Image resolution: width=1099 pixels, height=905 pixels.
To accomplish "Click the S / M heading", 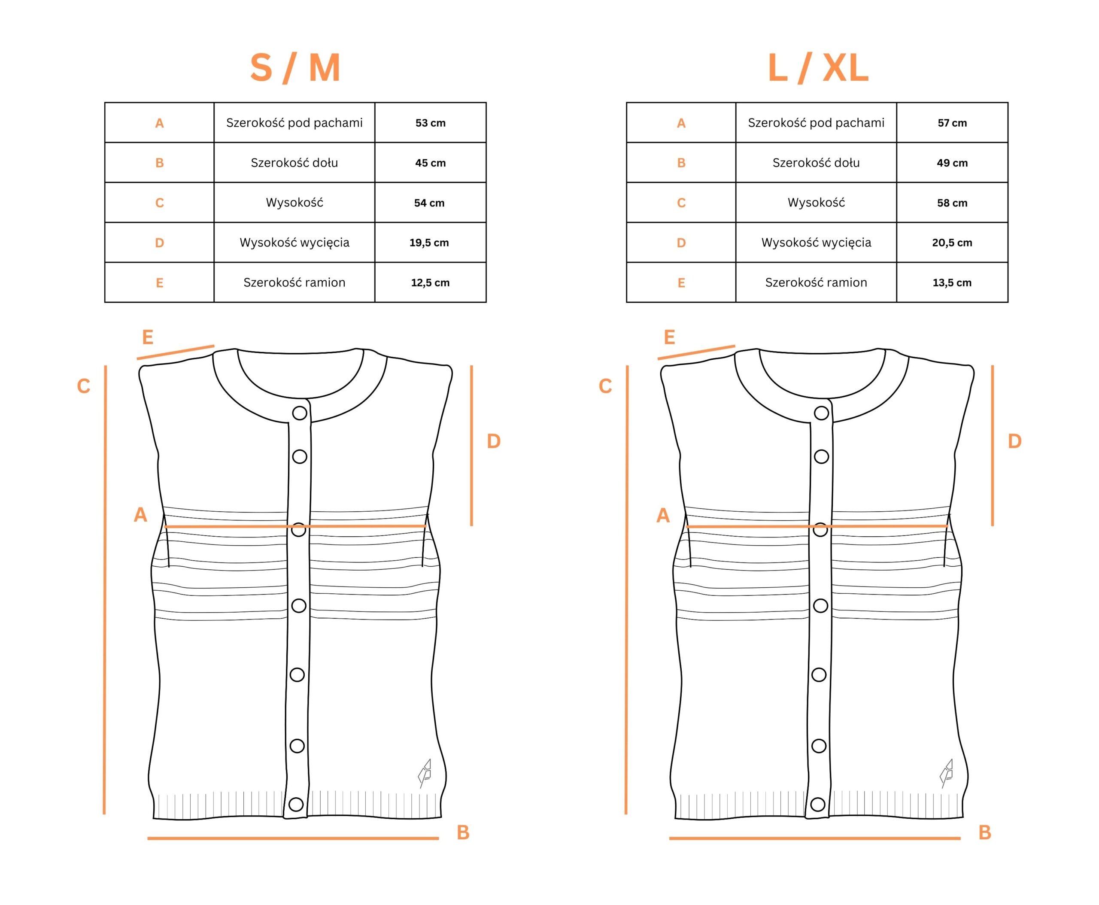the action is click(x=295, y=68).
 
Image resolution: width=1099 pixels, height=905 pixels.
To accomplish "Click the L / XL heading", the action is click(x=818, y=68).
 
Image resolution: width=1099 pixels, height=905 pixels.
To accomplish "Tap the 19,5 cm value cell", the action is click(x=431, y=243).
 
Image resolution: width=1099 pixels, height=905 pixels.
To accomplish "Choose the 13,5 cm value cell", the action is click(x=952, y=282).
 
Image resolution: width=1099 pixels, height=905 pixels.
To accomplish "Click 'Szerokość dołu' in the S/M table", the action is click(x=294, y=163).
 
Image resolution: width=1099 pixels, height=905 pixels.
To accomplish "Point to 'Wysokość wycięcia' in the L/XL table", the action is click(x=817, y=243).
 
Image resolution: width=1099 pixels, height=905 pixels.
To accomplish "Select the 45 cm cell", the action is click(x=431, y=163).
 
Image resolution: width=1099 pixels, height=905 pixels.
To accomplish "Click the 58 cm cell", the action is click(x=952, y=203).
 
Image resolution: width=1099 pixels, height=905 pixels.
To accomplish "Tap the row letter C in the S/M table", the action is click(x=160, y=203).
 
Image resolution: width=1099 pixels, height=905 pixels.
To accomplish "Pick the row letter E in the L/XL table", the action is click(x=681, y=282).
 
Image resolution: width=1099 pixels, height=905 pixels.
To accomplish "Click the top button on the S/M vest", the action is click(x=300, y=413).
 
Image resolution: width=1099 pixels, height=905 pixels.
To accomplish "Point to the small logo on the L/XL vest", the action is click(x=947, y=773).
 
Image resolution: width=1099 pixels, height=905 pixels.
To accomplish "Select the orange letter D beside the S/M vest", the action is click(x=494, y=441).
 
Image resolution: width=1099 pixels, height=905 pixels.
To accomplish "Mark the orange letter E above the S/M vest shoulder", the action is click(x=148, y=337).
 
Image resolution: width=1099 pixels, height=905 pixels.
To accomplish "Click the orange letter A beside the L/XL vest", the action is click(x=663, y=515).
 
